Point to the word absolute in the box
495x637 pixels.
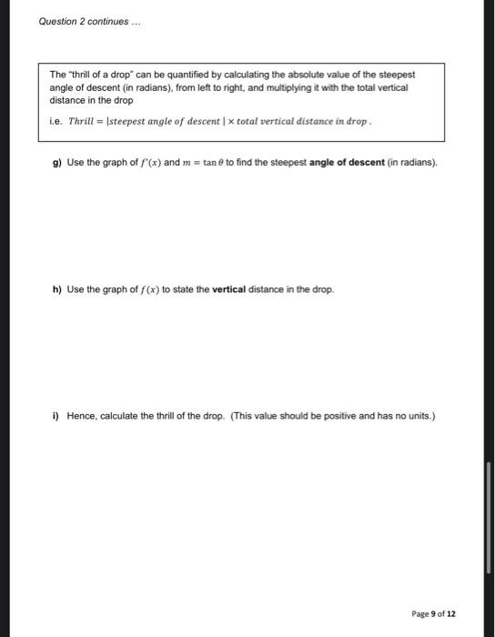click(x=308, y=75)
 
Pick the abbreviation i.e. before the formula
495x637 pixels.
click(x=56, y=119)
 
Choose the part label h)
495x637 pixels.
click(x=57, y=289)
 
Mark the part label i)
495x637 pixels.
click(x=56, y=417)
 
